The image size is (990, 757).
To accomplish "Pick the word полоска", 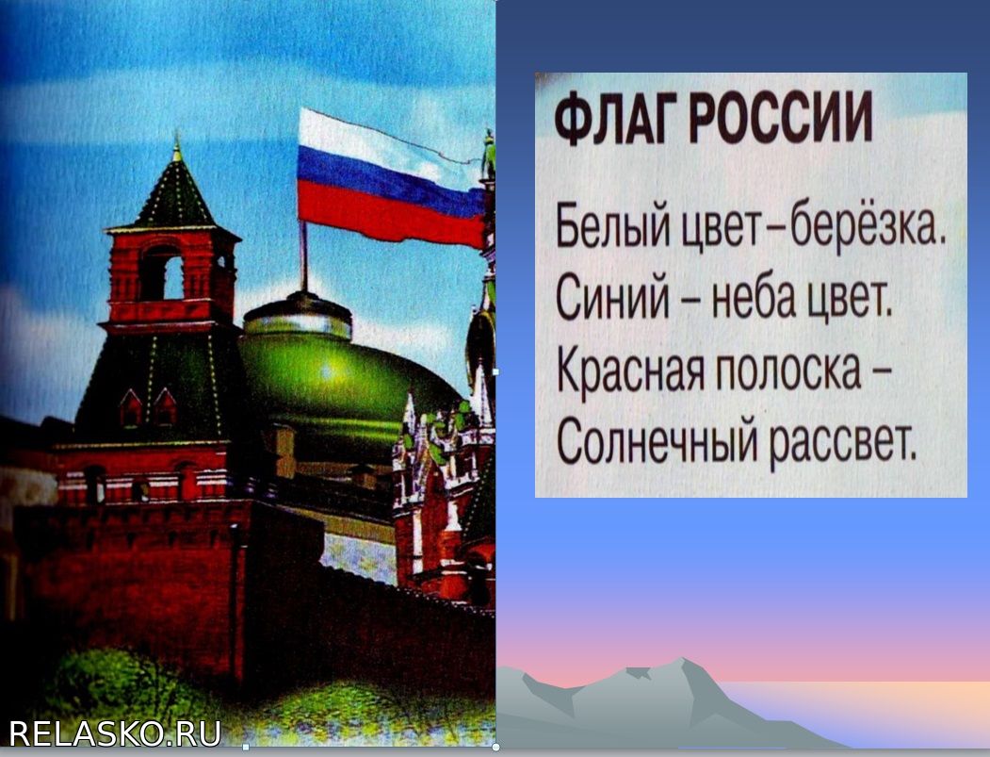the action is tap(789, 370).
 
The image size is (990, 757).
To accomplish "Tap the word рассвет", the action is tap(842, 442).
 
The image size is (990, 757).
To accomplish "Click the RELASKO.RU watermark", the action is tap(115, 733).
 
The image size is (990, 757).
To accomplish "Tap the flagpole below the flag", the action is tap(304, 255).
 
